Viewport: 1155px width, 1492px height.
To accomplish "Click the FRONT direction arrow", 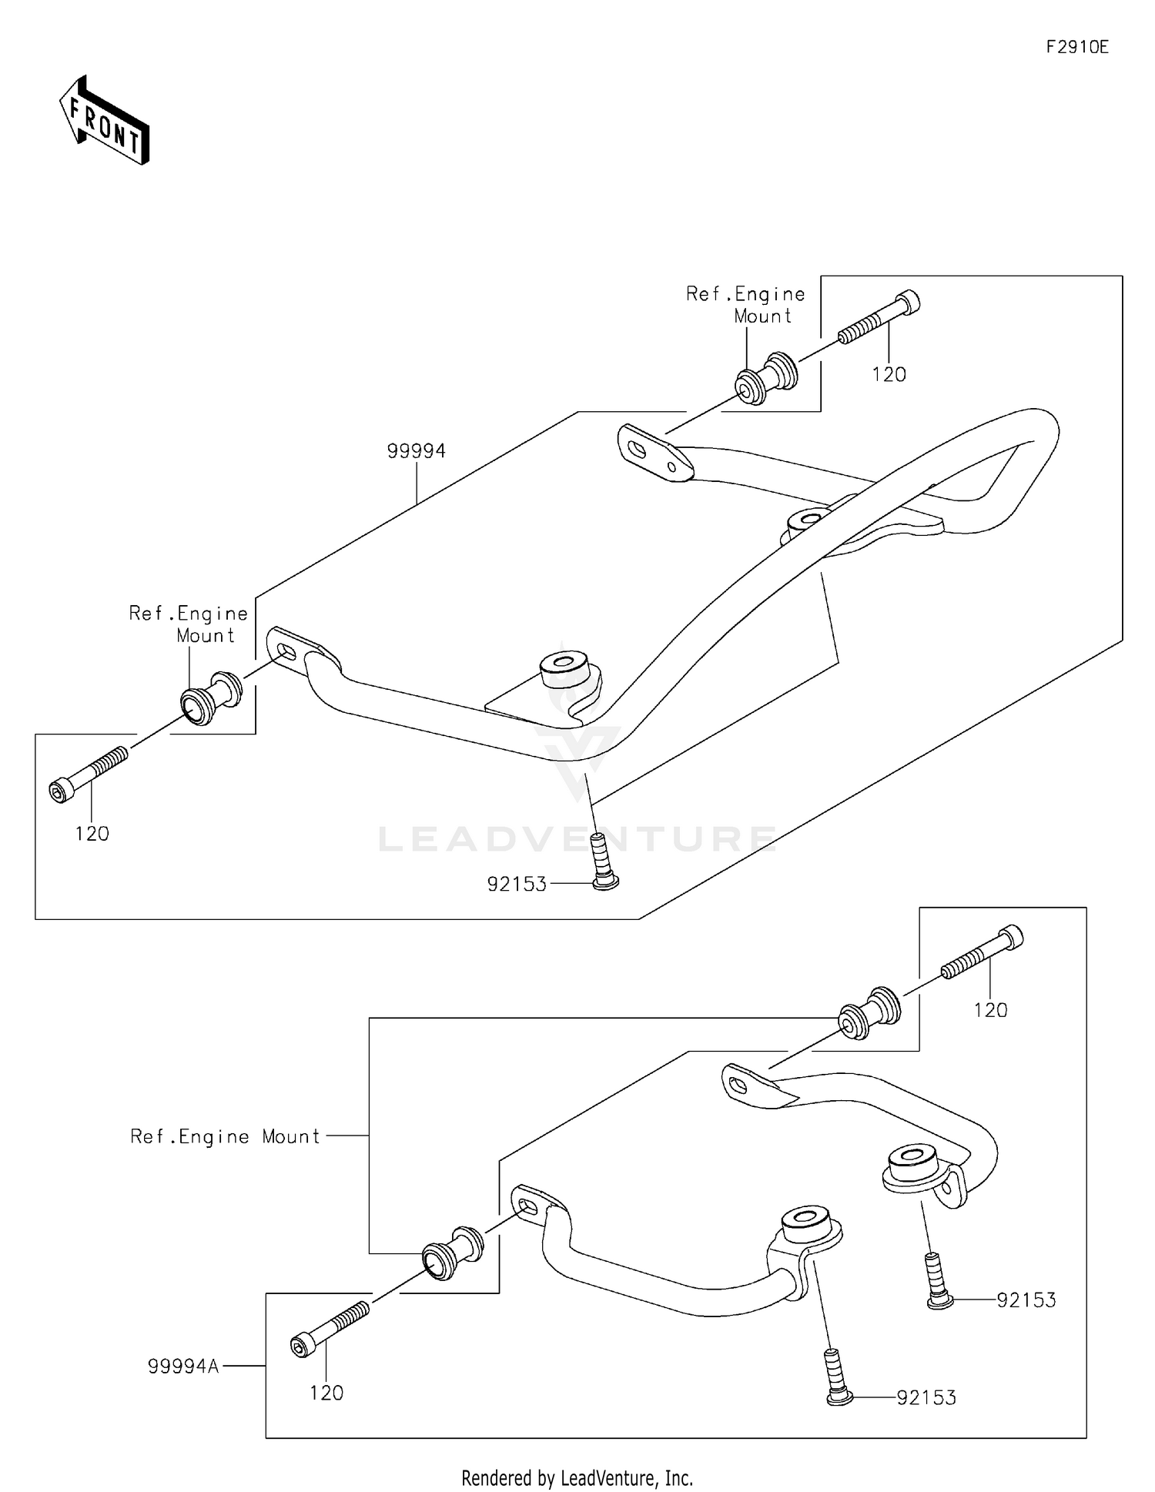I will coord(105,121).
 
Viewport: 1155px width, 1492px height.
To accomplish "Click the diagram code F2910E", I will coord(1076,47).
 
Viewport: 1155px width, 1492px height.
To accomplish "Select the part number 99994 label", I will coord(416,451).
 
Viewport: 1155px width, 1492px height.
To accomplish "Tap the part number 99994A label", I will coord(183,1366).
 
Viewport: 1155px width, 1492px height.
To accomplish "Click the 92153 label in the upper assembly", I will coord(517,884).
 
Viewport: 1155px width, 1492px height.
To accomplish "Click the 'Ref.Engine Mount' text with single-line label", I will coord(225,1136).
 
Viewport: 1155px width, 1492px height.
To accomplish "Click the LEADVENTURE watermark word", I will coord(577,838).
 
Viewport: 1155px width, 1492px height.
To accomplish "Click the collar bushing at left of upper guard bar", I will coord(210,697).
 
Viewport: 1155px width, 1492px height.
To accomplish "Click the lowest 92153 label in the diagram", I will coord(926,1397).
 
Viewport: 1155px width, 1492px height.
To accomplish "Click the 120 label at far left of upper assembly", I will coord(92,833).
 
